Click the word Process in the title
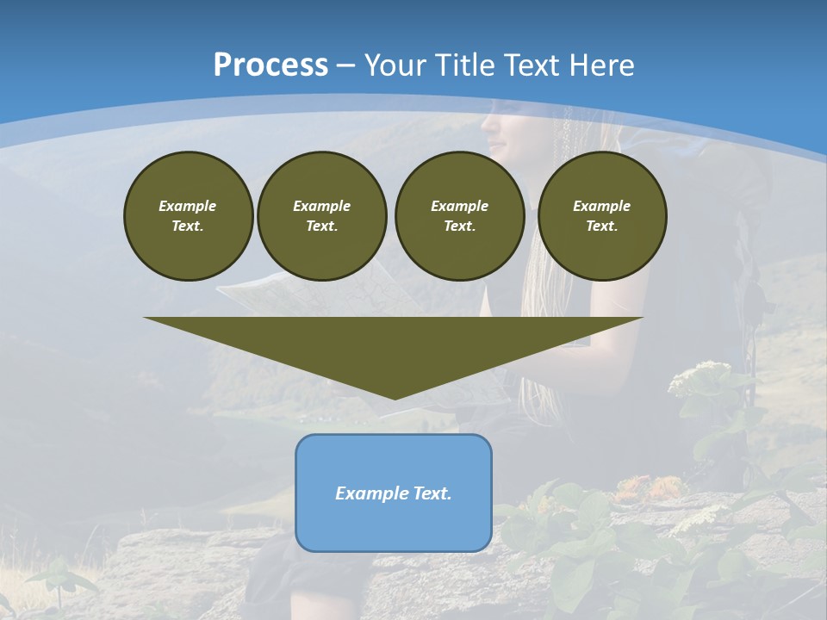pos(270,65)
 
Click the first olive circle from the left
pos(188,215)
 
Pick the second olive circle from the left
pos(321,215)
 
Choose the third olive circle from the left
pos(459,215)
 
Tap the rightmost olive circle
pos(602,215)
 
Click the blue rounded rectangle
pos(394,493)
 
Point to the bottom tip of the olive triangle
pos(395,398)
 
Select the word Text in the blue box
pos(432,493)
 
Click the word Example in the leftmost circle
pos(188,206)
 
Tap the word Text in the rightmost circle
pos(601,226)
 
